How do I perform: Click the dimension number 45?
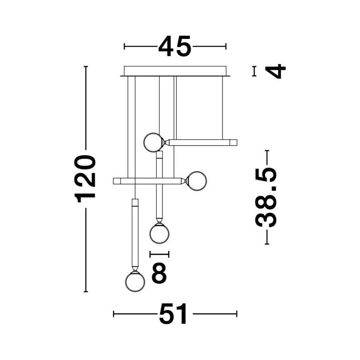pyautogui.click(x=175, y=47)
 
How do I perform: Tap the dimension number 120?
pyautogui.click(x=85, y=179)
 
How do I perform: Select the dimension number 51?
pyautogui.click(x=173, y=313)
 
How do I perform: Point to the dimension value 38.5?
pyautogui.click(x=266, y=197)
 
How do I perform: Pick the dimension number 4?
pyautogui.click(x=275, y=71)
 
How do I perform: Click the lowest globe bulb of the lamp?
pyautogui.click(x=135, y=282)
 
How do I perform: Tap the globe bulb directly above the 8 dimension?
pyautogui.click(x=159, y=233)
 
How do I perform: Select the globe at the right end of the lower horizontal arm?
pyautogui.click(x=197, y=181)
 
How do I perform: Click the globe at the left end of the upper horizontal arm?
pyautogui.click(x=153, y=142)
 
